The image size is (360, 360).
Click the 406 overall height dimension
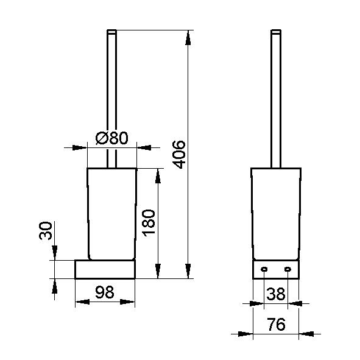[x=179, y=155]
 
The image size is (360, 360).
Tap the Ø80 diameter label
[x=112, y=138]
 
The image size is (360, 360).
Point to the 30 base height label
[x=46, y=231]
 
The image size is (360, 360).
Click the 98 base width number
[x=105, y=292]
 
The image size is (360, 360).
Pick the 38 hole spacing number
[x=276, y=294]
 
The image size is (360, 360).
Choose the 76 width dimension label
[x=276, y=324]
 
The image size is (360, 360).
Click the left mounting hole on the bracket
[x=264, y=269]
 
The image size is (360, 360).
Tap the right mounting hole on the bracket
[x=288, y=269]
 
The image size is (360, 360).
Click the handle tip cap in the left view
[x=112, y=32]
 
